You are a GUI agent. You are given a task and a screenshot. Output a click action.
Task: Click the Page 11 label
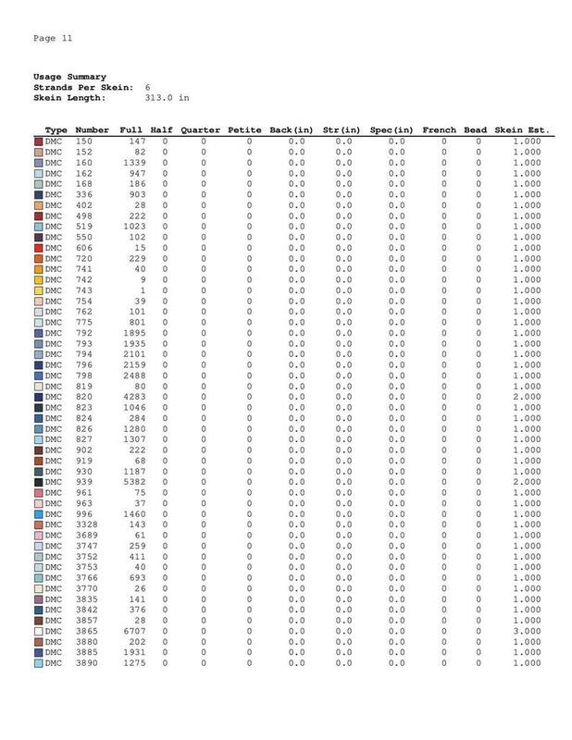click(53, 38)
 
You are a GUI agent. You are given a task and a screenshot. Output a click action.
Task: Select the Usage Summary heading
click(69, 76)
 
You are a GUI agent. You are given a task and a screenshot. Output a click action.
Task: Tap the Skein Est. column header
click(523, 130)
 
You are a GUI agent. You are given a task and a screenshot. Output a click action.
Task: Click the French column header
click(439, 130)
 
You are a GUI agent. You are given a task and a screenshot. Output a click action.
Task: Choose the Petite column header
click(242, 130)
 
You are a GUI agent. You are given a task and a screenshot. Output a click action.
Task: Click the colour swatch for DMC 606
click(38, 248)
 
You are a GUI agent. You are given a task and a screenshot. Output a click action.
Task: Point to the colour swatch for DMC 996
click(38, 513)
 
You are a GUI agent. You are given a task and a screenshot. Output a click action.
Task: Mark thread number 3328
click(88, 524)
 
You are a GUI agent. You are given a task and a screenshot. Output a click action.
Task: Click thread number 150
click(83, 141)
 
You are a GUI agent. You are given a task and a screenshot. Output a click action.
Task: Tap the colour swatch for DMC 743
click(38, 290)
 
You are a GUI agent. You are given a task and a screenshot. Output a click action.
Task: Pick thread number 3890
click(88, 663)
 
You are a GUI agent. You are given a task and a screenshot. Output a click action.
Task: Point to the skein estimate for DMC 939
click(525, 482)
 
